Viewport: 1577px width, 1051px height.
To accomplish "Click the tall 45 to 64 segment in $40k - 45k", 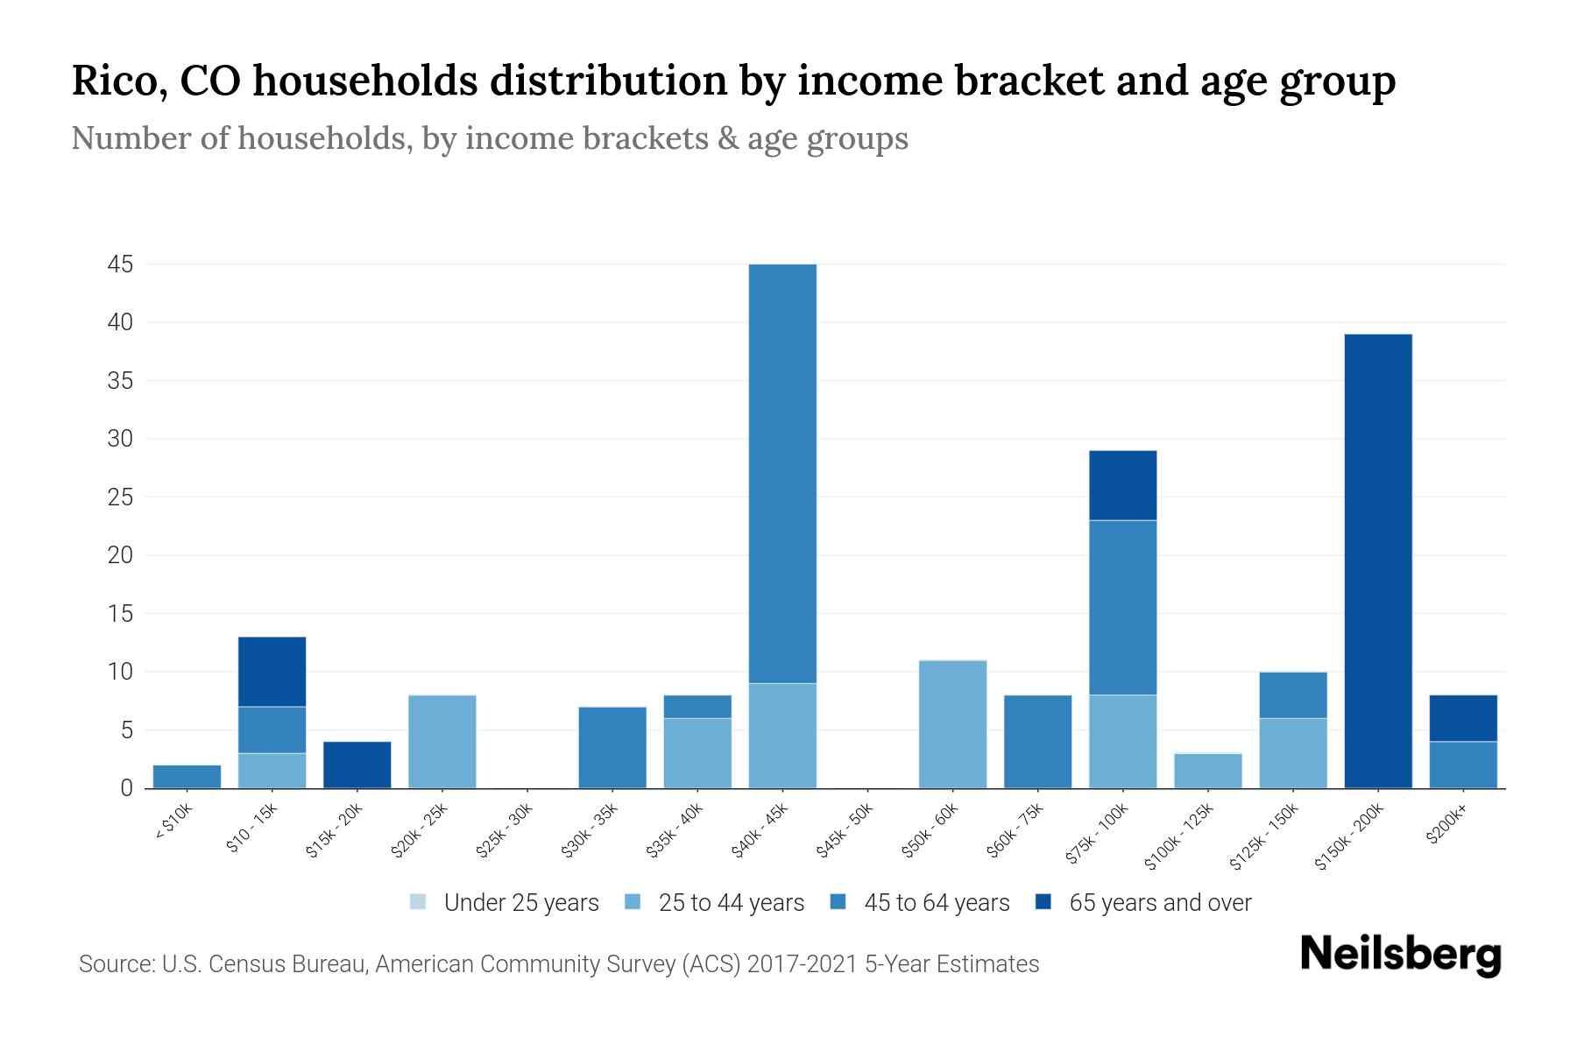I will point(782,473).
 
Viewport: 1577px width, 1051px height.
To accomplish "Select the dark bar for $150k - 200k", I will point(1377,561).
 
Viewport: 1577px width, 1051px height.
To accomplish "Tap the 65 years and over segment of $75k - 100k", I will point(1122,485).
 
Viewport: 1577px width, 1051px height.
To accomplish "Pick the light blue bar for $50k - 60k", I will point(952,724).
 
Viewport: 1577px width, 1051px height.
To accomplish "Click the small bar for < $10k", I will point(187,777).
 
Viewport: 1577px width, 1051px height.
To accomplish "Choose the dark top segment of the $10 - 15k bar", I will point(272,672).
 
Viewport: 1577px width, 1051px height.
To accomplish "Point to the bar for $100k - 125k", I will point(1207,771).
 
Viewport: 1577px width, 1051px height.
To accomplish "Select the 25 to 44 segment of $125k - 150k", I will point(1292,753).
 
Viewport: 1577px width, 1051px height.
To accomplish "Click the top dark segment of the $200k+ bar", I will point(1462,718).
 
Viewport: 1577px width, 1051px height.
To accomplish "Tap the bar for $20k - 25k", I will point(442,742).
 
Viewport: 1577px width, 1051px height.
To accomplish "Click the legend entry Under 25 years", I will point(505,903).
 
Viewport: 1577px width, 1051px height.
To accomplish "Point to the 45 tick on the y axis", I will point(119,265).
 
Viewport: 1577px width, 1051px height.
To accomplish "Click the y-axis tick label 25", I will point(119,497).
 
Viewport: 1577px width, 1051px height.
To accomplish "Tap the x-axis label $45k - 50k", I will point(846,836).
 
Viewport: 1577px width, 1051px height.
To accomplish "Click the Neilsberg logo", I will point(1400,955).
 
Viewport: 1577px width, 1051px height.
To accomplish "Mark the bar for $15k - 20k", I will point(357,765).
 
